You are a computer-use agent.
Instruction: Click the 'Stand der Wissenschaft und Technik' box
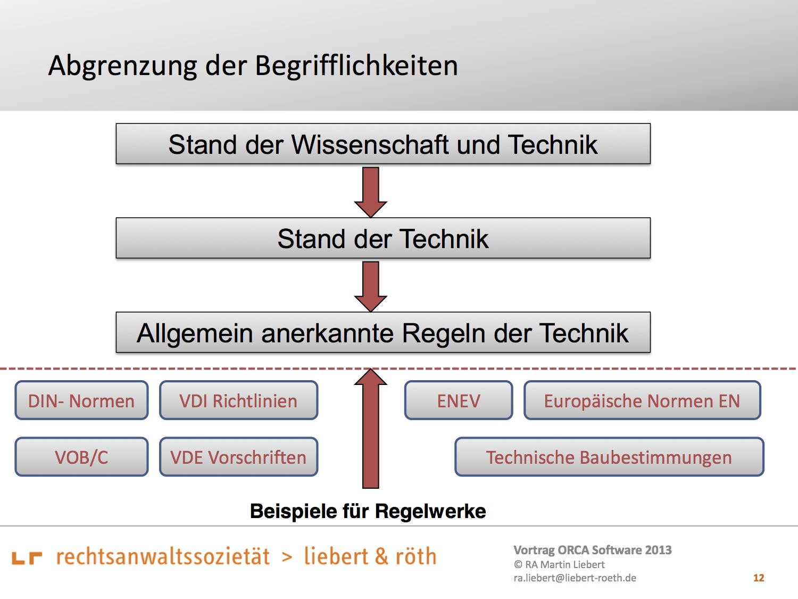(x=383, y=144)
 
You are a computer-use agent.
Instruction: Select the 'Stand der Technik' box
(x=383, y=238)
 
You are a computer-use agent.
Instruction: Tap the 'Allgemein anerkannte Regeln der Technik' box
(x=383, y=332)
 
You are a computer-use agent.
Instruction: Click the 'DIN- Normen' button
(x=81, y=400)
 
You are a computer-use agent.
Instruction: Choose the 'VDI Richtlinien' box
(x=238, y=400)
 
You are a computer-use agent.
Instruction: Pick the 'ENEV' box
(x=459, y=400)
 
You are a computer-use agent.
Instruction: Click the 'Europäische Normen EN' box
(x=642, y=400)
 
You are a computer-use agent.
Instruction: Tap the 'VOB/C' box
(x=81, y=457)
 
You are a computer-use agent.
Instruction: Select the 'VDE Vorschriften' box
(x=238, y=457)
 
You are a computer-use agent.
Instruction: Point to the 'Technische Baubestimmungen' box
(x=609, y=457)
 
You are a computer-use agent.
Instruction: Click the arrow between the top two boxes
(x=370, y=192)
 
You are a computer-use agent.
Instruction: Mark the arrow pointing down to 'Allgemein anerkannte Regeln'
(x=370, y=286)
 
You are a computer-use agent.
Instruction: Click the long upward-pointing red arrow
(x=370, y=428)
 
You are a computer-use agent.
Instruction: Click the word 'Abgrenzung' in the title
(x=122, y=66)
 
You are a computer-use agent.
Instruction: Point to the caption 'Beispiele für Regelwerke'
(x=368, y=511)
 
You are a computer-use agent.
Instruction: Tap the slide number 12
(x=759, y=578)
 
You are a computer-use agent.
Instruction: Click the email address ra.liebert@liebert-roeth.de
(x=575, y=578)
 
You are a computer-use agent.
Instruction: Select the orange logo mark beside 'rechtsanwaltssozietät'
(x=27, y=558)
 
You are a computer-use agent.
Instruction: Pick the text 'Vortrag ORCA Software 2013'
(x=592, y=550)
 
